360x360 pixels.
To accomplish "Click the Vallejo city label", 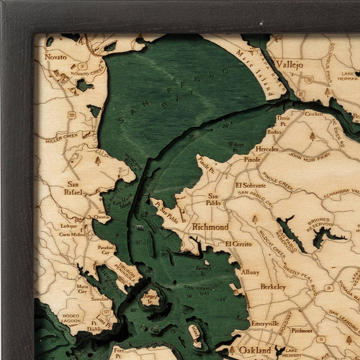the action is click(x=287, y=64).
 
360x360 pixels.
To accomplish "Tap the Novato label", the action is click(x=55, y=56).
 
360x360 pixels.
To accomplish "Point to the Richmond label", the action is click(x=210, y=226).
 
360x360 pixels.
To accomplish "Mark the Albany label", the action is click(x=251, y=272).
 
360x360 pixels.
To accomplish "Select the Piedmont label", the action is click(x=302, y=330).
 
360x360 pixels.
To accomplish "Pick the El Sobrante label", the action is click(x=251, y=184).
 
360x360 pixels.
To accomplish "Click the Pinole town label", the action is click(x=252, y=160).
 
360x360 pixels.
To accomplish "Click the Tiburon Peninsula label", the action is click(x=126, y=274).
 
